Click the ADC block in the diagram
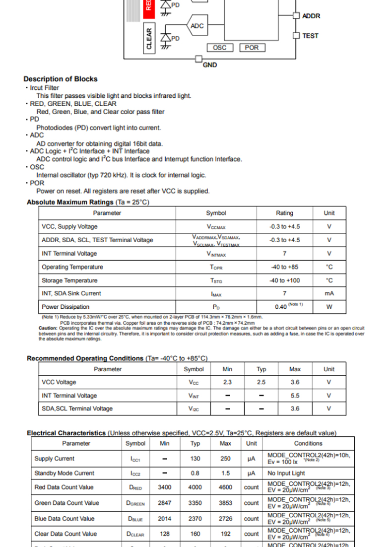tap(197, 26)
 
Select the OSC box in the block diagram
tap(219, 48)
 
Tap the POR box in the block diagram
tap(252, 48)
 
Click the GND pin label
tap(210, 65)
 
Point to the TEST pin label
tap(310, 36)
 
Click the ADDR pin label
tap(311, 16)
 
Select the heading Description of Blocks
tap(61, 79)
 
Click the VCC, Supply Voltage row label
tap(70, 226)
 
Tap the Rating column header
tap(284, 213)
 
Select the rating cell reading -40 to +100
tap(284, 280)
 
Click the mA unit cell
tap(329, 293)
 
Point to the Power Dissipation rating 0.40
tap(281, 307)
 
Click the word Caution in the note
tap(48, 328)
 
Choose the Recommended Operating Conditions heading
tap(85, 358)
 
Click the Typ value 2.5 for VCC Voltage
tap(261, 382)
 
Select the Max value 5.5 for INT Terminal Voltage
tap(295, 396)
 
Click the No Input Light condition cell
tap(286, 473)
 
